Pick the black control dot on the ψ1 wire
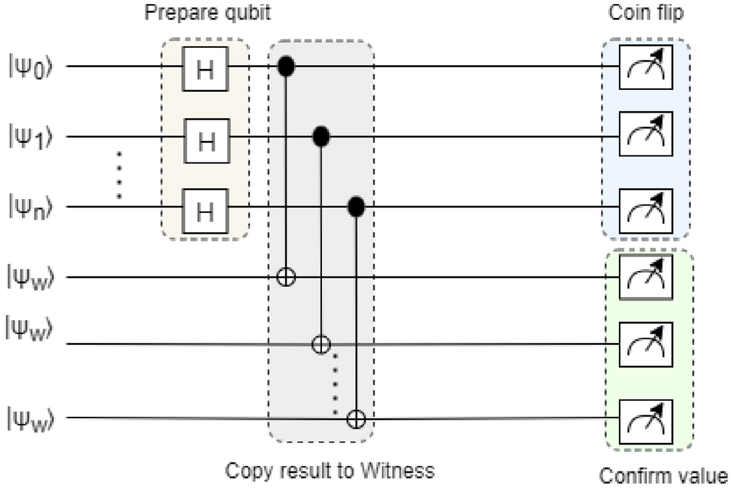click(321, 137)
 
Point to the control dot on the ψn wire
click(356, 206)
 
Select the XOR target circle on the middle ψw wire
click(320, 344)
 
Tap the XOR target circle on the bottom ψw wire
click(356, 418)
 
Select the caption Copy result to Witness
click(330, 471)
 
